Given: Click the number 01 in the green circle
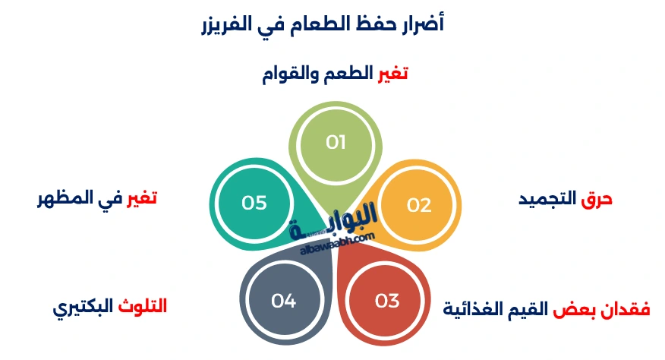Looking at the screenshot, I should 336,142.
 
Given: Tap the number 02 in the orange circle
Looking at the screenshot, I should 418,205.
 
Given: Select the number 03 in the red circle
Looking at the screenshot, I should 387,301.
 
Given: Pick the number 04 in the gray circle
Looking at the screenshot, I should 283,301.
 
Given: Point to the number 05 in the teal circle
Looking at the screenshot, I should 254,203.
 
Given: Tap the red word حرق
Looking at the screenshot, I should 597,200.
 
